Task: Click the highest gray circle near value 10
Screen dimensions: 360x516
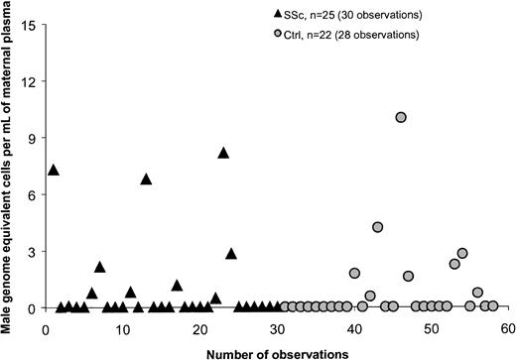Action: pos(401,117)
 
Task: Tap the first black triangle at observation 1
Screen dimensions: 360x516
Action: pos(54,170)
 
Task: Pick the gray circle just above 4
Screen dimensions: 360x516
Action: pos(378,227)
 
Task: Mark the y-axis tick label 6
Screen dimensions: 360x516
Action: pos(35,194)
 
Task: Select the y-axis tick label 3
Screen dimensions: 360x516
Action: pos(35,251)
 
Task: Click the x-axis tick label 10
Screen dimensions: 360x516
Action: pos(123,327)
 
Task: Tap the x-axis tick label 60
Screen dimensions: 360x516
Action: pos(506,327)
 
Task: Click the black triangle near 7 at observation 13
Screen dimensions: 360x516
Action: pos(146,180)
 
